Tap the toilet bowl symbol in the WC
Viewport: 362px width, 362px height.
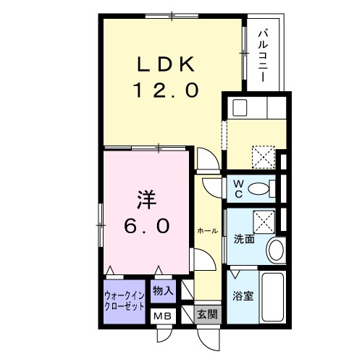click(x=258, y=190)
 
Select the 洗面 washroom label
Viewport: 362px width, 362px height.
click(x=244, y=239)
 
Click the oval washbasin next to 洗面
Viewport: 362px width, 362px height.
click(x=275, y=251)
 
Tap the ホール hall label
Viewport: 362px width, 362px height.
click(x=207, y=230)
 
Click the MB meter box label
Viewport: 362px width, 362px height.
click(x=161, y=315)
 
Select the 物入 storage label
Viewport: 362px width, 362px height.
click(x=163, y=291)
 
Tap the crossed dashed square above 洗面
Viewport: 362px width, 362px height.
click(x=262, y=219)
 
